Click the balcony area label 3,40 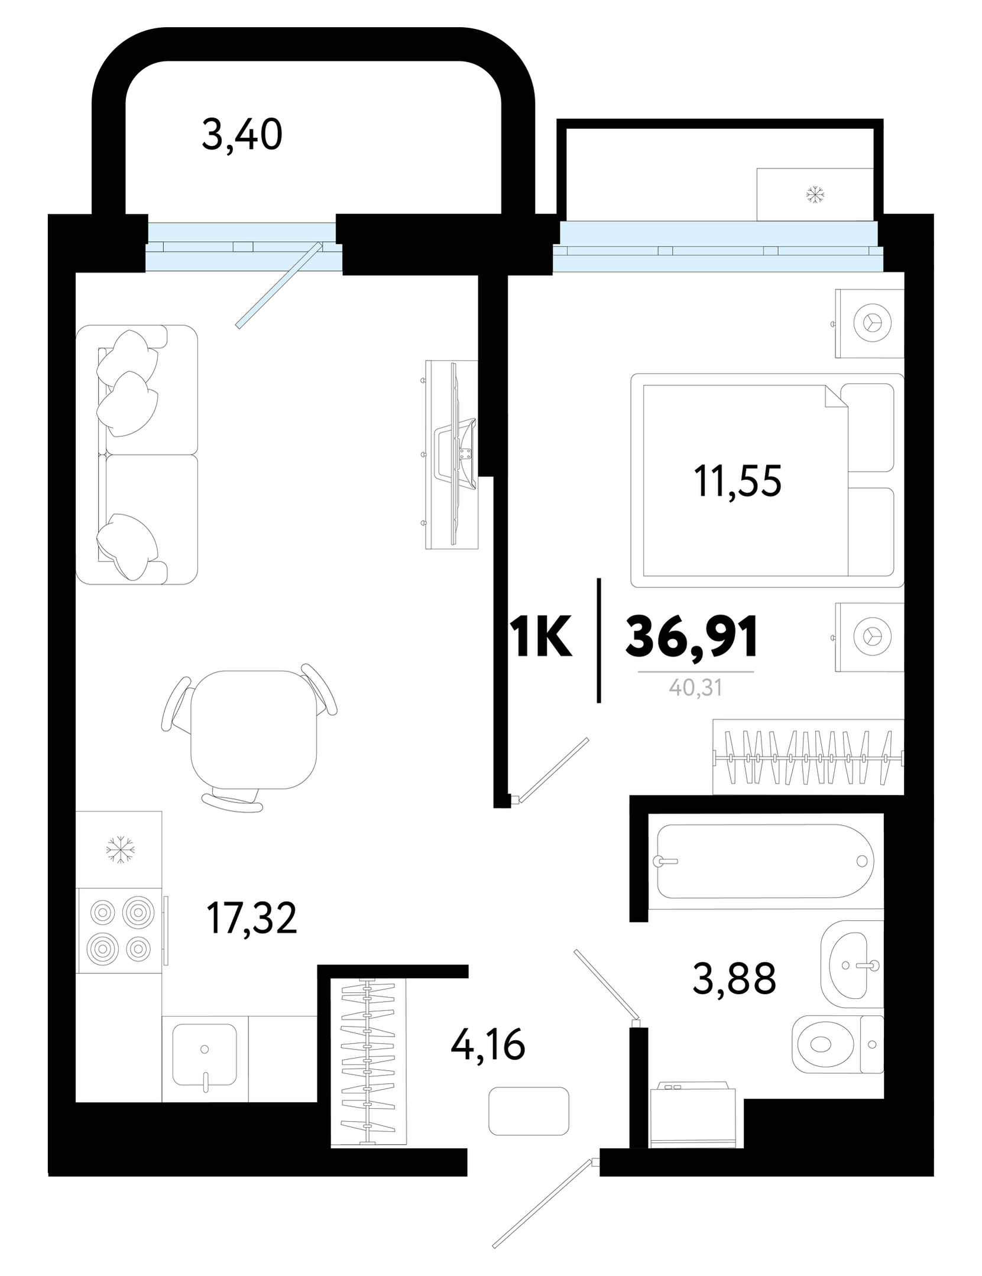(242, 135)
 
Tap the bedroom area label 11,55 (737, 481)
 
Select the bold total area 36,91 (692, 637)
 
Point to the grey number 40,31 (696, 687)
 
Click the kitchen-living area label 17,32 (251, 918)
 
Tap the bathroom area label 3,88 (734, 978)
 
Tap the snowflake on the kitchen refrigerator (120, 849)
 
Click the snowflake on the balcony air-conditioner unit (815, 194)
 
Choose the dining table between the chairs (254, 730)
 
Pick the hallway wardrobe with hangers (369, 1062)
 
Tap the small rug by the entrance (529, 1111)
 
